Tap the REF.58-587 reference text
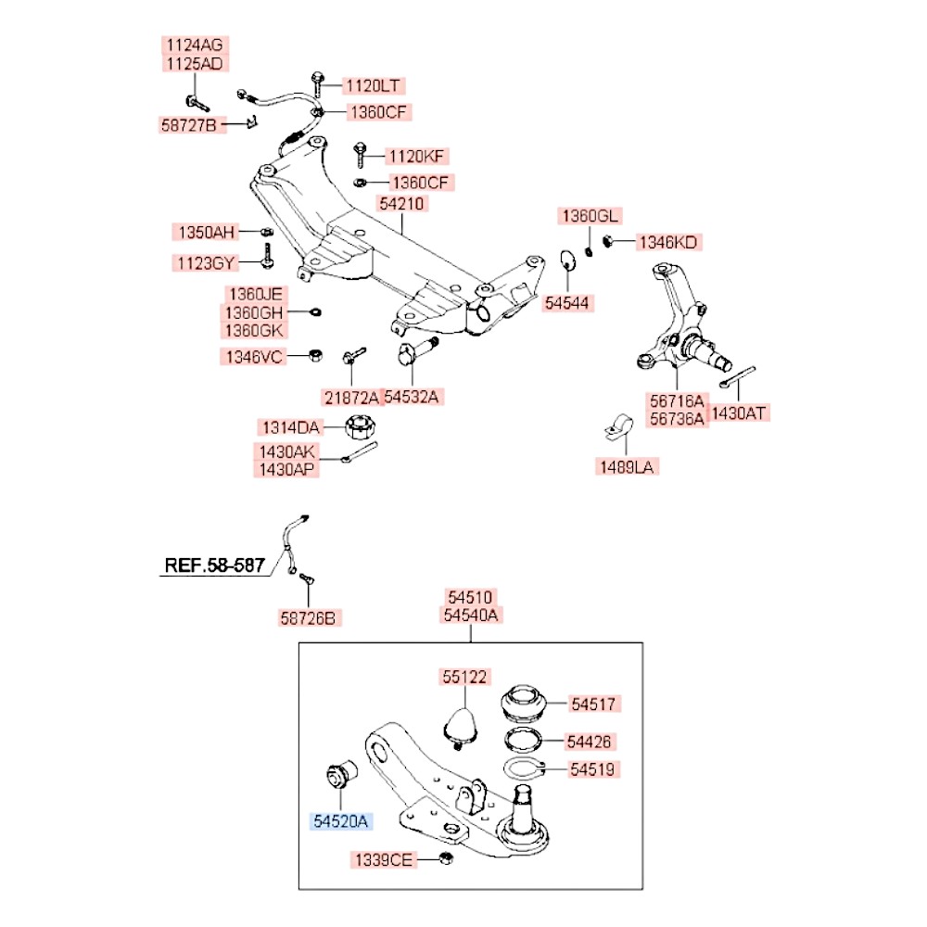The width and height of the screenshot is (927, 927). point(214,564)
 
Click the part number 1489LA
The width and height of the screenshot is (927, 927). point(626,467)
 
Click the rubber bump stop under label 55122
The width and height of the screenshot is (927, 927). point(461,724)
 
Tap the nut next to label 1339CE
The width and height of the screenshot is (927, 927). point(445,859)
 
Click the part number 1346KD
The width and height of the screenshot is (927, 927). point(668,243)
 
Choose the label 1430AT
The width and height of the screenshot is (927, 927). point(740,413)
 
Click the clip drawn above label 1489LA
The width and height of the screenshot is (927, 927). point(613,426)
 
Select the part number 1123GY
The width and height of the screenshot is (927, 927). point(206,263)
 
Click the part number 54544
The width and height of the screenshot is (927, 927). point(568,303)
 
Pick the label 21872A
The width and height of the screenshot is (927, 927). point(351,398)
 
